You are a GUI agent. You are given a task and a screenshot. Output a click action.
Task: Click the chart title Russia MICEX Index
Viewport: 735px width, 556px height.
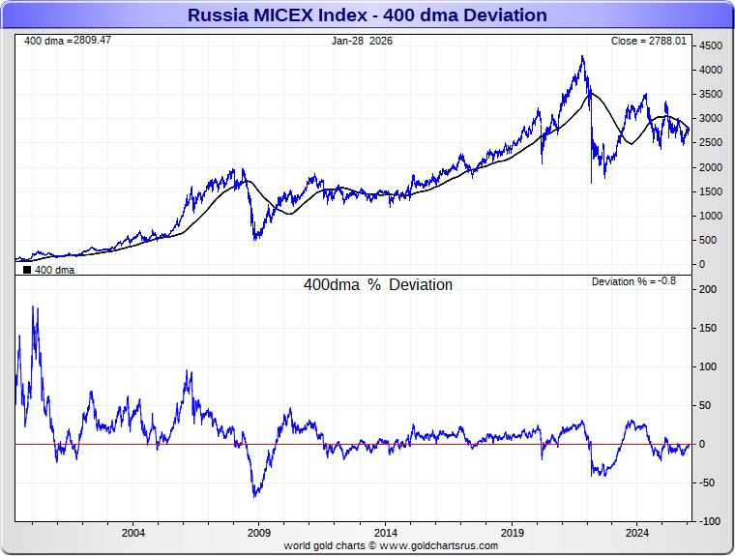coord(367,15)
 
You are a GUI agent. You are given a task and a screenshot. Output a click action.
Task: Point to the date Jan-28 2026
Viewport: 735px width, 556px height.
coord(362,41)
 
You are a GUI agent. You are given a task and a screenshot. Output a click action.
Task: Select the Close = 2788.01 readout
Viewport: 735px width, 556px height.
coord(649,41)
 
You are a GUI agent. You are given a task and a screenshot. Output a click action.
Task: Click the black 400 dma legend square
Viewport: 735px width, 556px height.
coord(26,271)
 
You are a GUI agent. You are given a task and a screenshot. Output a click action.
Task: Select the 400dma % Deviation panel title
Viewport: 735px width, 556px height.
coord(378,285)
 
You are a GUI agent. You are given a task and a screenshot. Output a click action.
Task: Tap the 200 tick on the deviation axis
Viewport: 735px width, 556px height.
coord(707,289)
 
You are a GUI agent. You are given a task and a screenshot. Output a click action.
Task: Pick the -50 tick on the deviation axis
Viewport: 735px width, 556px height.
coord(707,483)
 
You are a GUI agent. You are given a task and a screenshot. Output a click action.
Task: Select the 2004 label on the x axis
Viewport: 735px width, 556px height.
coord(133,533)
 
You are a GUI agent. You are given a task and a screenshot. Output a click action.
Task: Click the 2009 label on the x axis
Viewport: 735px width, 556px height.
coord(259,533)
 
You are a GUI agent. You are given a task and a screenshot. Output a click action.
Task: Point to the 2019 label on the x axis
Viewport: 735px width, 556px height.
coord(512,533)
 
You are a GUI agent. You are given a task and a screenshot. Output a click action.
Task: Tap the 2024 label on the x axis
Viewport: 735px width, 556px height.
coord(637,533)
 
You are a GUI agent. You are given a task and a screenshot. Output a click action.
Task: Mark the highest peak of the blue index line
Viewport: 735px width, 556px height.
coord(582,56)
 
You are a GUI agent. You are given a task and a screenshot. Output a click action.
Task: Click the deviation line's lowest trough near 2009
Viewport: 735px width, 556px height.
coord(255,497)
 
